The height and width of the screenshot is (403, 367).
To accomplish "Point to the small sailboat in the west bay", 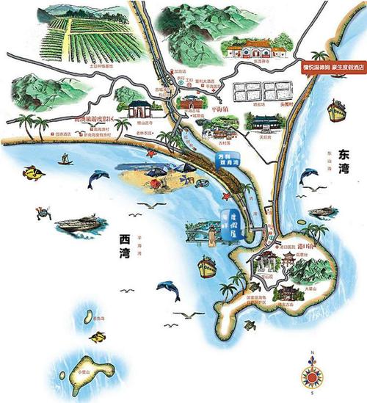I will click(65, 158).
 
